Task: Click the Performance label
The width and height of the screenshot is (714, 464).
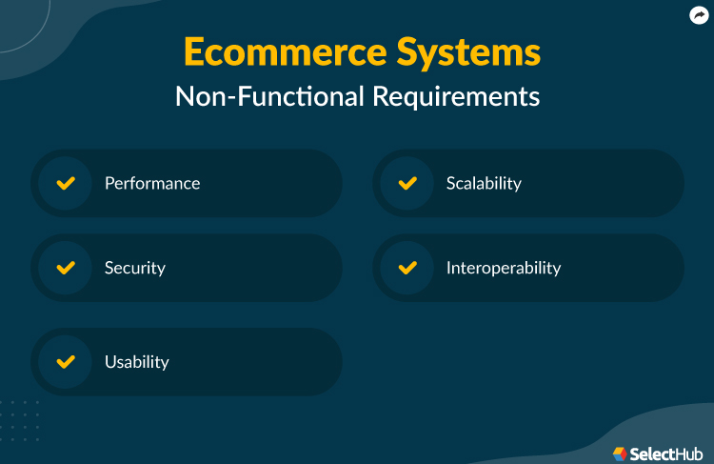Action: coord(152,183)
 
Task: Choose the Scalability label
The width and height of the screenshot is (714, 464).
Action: coord(484,183)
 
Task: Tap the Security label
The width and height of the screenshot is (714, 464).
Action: coord(135,268)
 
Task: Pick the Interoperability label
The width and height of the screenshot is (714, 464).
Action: coord(504,268)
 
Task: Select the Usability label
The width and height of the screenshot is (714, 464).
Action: coord(137,362)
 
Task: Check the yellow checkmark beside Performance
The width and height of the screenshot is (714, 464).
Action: coord(66,183)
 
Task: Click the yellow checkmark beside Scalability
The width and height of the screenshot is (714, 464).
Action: coord(407,183)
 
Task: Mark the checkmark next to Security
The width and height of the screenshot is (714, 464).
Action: coord(66,268)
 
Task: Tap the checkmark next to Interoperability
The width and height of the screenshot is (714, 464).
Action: coord(407,268)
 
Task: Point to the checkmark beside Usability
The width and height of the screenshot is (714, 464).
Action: coord(66,362)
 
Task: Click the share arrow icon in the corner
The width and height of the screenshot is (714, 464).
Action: coord(698,15)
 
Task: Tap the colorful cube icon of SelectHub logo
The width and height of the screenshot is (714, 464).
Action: coord(620,453)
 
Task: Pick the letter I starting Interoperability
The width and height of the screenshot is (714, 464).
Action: coord(448,268)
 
